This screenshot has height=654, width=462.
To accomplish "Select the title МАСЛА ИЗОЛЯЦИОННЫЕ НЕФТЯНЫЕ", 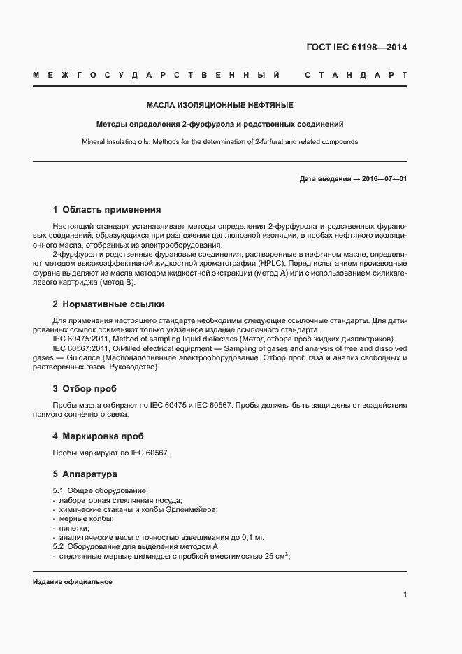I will coord(219,105).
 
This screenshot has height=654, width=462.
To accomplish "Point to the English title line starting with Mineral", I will coord(219,141).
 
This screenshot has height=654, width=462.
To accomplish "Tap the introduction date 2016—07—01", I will coord(384,179).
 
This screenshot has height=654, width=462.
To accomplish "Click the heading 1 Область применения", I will coord(107,209).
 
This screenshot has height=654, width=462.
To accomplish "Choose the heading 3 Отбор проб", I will coord(85,388).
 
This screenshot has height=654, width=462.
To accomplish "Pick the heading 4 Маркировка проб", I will coord(98,436).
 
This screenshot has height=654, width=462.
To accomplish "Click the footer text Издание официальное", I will coord(72,582).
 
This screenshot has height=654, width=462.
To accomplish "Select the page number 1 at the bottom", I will coord(405,595).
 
